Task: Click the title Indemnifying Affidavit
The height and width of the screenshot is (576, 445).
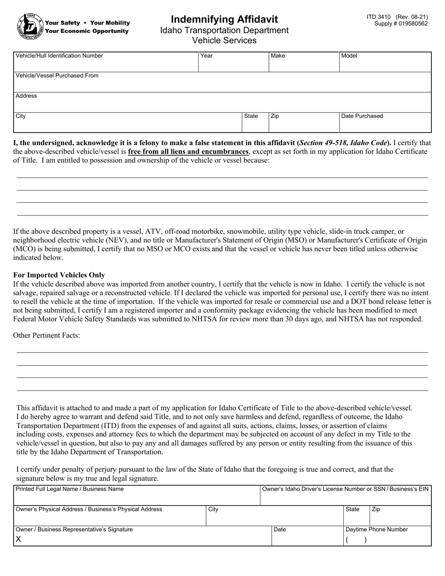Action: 224,19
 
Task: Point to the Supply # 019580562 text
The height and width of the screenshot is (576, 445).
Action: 401,23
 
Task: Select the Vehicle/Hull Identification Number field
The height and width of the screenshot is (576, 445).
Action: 107,64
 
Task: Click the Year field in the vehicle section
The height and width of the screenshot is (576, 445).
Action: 233,64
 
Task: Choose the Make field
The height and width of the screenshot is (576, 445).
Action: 304,64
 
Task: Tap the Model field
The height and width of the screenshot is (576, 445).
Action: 385,64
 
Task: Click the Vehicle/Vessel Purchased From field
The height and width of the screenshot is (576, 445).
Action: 222,84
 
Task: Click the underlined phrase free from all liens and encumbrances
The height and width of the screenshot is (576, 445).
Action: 188,151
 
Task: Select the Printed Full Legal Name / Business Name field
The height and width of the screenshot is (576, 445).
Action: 137,498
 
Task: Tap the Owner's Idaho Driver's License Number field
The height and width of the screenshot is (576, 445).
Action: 346,498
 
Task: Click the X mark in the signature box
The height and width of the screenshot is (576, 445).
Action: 18,539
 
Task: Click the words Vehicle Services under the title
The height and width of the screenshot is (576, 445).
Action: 224,40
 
